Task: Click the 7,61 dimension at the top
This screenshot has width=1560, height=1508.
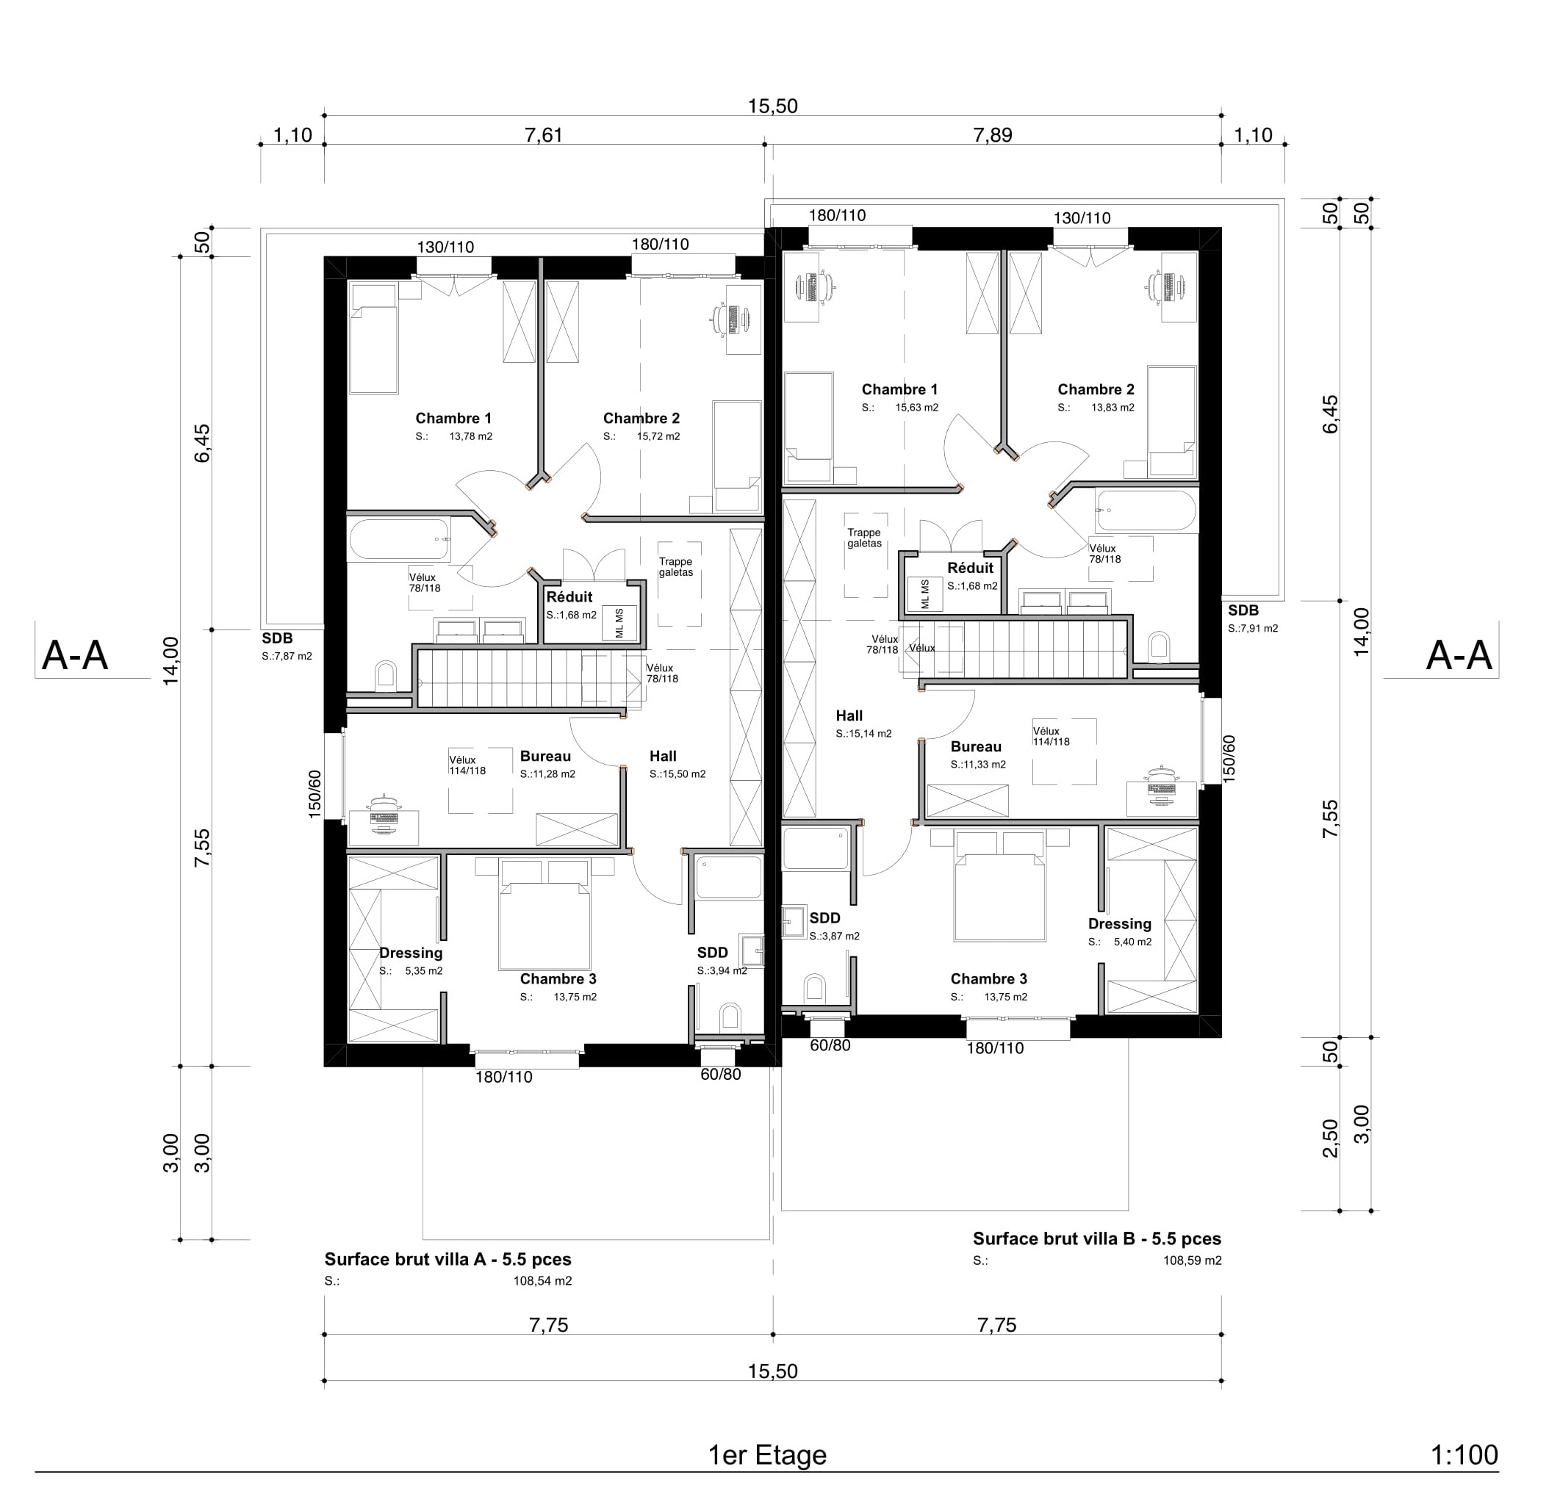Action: click(544, 135)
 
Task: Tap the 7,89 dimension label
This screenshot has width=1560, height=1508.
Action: click(993, 135)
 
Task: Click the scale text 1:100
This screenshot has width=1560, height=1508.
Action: click(1464, 1455)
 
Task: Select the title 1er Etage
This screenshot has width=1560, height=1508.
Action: click(767, 1455)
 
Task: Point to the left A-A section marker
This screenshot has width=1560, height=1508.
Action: click(75, 656)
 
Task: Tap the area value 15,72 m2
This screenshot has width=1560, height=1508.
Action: click(658, 437)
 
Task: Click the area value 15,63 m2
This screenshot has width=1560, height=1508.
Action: click(916, 408)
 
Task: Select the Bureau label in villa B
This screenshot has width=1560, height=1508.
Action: click(975, 746)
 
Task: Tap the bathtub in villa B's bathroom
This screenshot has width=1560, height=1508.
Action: click(1146, 511)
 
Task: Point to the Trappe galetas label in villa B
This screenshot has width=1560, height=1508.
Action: click(863, 538)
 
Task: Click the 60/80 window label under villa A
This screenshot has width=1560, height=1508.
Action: click(720, 1075)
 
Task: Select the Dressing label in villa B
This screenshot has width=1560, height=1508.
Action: click(1119, 924)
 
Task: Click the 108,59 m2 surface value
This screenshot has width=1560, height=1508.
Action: click(1191, 1260)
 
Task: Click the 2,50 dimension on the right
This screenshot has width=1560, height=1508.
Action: click(1330, 1138)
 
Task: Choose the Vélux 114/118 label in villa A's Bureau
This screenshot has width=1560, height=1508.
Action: click(467, 765)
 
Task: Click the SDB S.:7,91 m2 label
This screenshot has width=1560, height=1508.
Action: click(1252, 619)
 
